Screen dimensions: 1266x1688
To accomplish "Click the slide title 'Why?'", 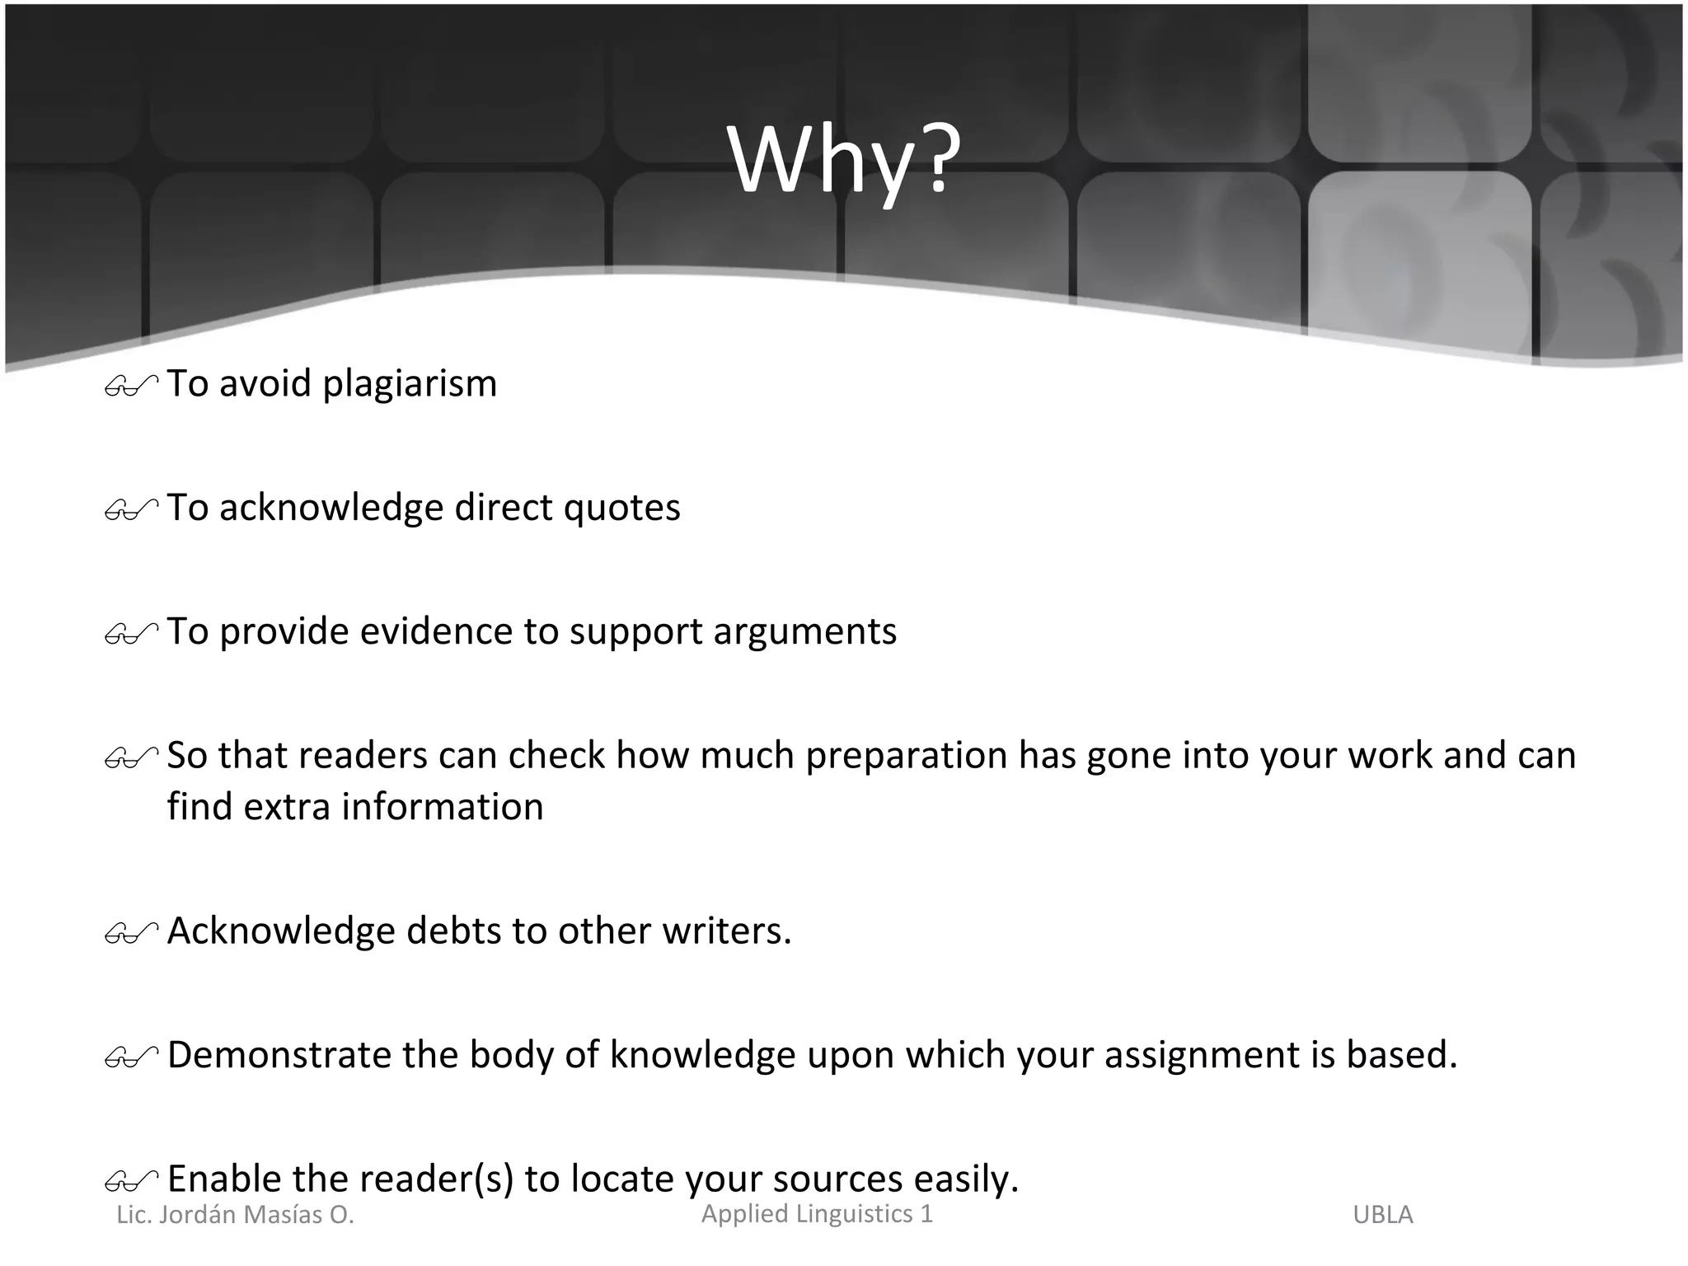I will click(844, 161).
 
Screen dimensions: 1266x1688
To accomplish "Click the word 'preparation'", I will click(906, 755).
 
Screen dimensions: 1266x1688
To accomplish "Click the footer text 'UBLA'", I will click(1382, 1215).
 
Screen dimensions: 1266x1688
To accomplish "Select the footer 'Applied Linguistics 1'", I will click(817, 1214).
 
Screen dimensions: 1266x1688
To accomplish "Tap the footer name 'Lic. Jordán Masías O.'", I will click(235, 1215).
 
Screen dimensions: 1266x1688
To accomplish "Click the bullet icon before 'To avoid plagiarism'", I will click(131, 386).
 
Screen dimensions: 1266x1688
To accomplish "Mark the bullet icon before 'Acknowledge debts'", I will click(131, 933).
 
